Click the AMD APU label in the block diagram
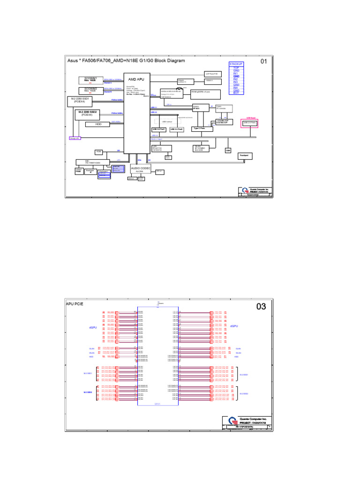point(136,80)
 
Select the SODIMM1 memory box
point(90,80)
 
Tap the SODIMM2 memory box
point(90,90)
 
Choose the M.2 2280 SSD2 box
point(89,113)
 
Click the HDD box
point(98,124)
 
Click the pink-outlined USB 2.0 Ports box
point(249,123)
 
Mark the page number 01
point(264,61)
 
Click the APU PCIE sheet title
point(74,304)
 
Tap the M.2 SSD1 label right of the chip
point(244,375)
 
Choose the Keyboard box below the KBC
point(104,172)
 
